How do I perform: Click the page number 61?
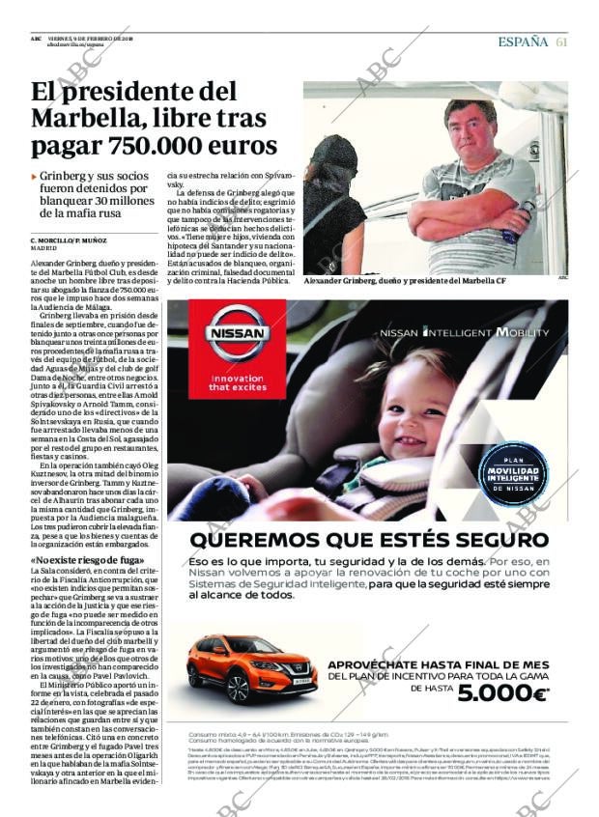click(561, 42)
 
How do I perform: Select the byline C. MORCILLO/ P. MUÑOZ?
click(69, 239)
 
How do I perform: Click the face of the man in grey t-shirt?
click(470, 124)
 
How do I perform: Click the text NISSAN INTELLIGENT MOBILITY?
click(464, 332)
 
